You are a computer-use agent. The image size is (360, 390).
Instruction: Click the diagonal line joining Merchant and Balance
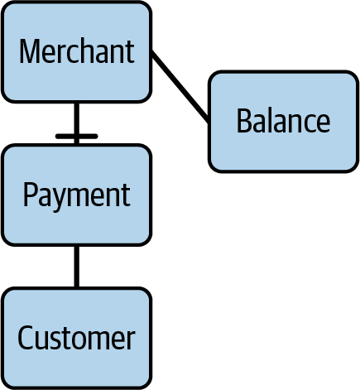[x=180, y=87]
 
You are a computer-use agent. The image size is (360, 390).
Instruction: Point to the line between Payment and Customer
[x=77, y=267]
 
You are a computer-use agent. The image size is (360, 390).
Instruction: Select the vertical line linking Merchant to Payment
[x=77, y=116]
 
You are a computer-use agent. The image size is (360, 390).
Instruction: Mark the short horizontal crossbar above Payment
[x=77, y=135]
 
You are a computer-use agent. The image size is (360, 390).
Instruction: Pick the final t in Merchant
[x=130, y=52]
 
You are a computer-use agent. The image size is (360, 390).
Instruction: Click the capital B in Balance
[x=242, y=121]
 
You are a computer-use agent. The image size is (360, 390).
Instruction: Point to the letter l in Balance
[x=267, y=121]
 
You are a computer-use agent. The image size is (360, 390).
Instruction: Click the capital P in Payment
[x=29, y=195]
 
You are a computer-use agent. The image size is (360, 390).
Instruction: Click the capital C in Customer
[x=26, y=338]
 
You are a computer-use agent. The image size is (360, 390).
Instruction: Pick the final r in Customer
[x=130, y=339]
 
